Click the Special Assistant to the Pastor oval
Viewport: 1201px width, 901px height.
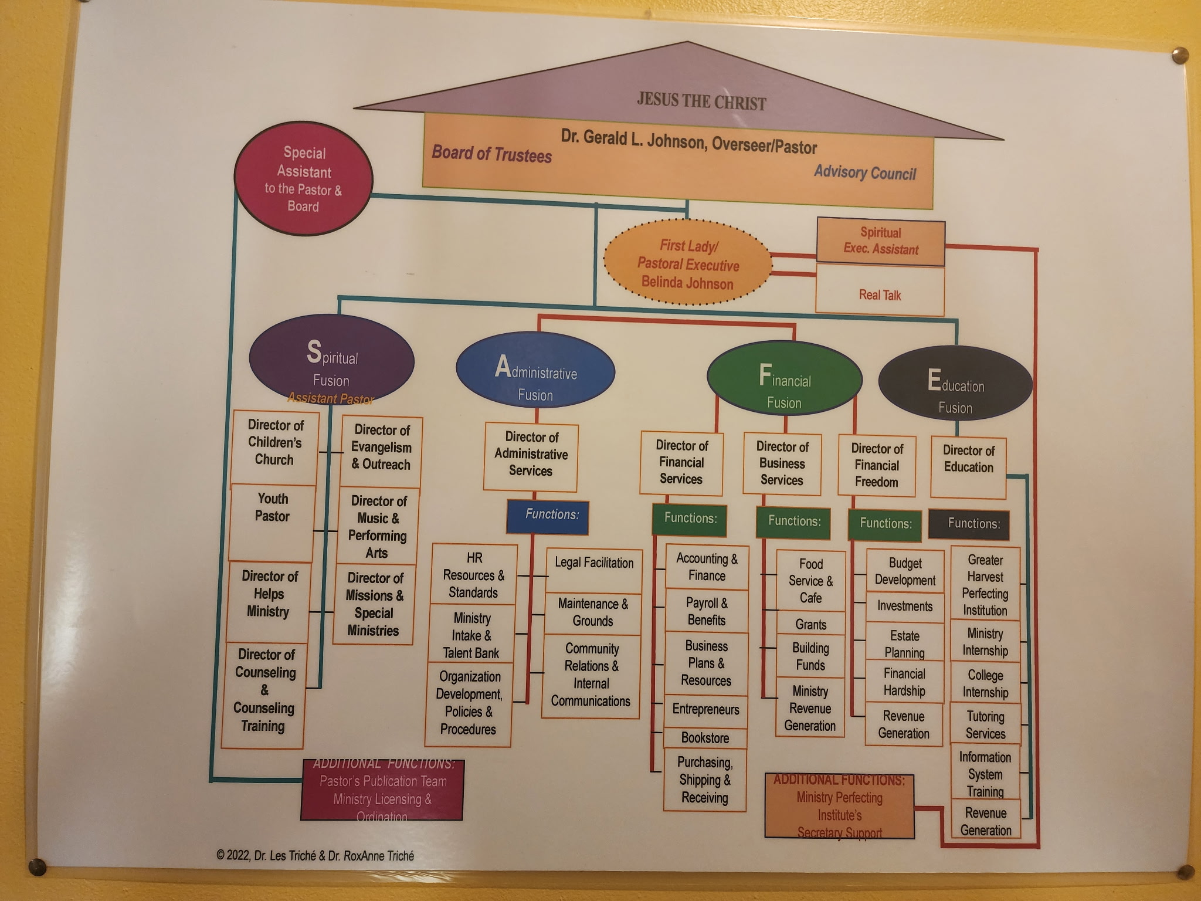(x=303, y=178)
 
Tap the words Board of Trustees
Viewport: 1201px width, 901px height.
(x=491, y=154)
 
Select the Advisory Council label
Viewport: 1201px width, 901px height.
(x=864, y=172)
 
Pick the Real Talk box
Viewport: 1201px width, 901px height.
(x=880, y=294)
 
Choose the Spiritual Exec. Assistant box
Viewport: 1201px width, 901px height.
(x=881, y=241)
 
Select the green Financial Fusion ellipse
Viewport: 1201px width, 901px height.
(x=785, y=379)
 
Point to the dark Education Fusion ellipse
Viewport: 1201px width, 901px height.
(x=955, y=384)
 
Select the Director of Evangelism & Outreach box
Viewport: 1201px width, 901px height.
(x=381, y=451)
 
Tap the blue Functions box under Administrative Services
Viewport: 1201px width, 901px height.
(x=548, y=516)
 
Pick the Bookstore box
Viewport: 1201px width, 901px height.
(x=705, y=738)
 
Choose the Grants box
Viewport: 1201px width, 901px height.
(x=810, y=624)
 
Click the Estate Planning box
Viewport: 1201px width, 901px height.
(x=904, y=643)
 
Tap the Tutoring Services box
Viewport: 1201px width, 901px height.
(x=985, y=725)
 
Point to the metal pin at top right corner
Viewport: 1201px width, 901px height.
(x=1179, y=56)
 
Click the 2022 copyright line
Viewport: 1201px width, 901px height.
(x=315, y=856)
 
